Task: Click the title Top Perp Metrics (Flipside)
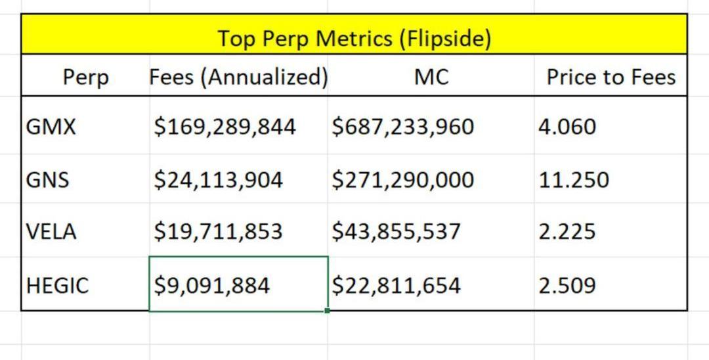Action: click(x=354, y=38)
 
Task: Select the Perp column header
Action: click(x=86, y=78)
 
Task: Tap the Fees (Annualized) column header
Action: click(x=238, y=78)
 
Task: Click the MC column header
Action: click(x=431, y=78)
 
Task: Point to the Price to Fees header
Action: click(x=611, y=78)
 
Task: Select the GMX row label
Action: click(x=51, y=126)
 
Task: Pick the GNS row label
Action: click(x=47, y=179)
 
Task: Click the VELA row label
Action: click(x=51, y=231)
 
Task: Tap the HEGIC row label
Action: click(x=57, y=285)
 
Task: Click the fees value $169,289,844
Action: click(x=225, y=126)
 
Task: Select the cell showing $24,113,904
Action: click(x=218, y=179)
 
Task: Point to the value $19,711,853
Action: click(x=218, y=231)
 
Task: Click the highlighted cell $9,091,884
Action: click(x=211, y=285)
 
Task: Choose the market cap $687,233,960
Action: click(x=402, y=126)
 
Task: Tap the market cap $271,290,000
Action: click(x=402, y=179)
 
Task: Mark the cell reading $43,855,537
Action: click(x=396, y=231)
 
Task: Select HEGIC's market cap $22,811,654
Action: click(x=396, y=285)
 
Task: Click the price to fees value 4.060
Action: click(x=567, y=126)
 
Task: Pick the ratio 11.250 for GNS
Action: click(x=574, y=179)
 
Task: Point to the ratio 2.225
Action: click(x=567, y=231)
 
